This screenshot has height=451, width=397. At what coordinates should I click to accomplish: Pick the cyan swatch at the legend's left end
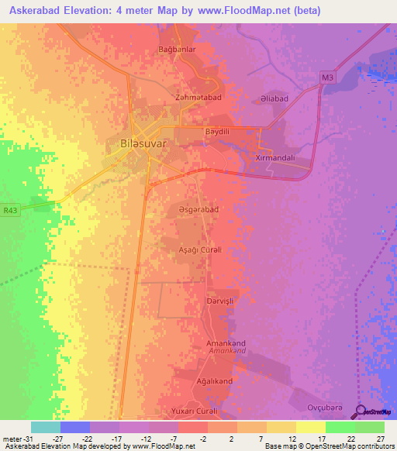(x=45, y=427)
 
